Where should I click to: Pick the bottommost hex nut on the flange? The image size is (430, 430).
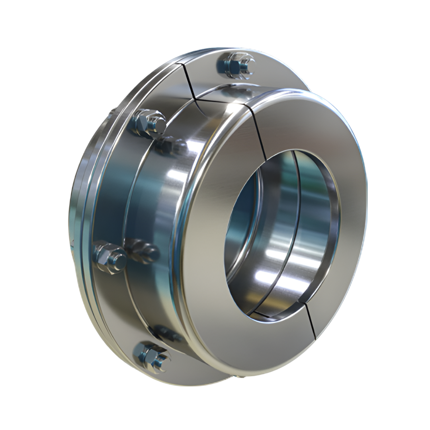(x=151, y=356)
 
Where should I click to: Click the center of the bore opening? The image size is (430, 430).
(x=281, y=233)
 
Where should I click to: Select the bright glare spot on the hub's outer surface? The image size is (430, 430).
(x=175, y=175)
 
